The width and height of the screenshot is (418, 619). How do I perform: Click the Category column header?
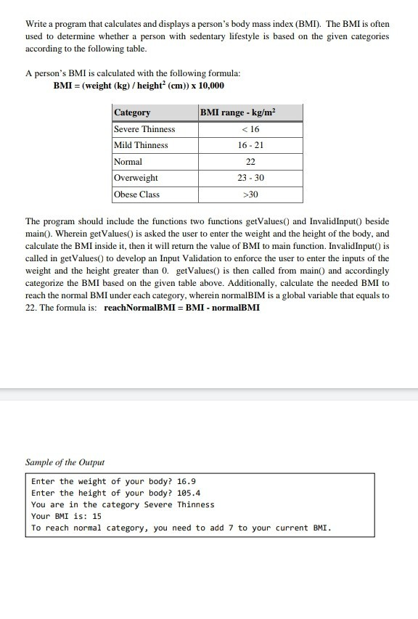(x=132, y=112)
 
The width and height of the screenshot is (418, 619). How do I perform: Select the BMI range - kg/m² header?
(x=239, y=112)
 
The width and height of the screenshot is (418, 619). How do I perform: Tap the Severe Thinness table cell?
(x=144, y=129)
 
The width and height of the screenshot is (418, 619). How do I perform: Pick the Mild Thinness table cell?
(x=141, y=145)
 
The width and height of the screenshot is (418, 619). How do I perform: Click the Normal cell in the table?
(x=128, y=162)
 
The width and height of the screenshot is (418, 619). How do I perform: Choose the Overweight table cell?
(x=136, y=178)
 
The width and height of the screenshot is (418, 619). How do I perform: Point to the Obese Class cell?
(x=136, y=194)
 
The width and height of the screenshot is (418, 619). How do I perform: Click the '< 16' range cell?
(x=250, y=129)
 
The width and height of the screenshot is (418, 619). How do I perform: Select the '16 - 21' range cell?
(x=250, y=145)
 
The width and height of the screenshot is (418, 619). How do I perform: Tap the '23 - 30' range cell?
(x=250, y=178)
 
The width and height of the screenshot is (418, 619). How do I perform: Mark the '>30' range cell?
(x=250, y=194)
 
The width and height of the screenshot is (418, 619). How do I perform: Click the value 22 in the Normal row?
(x=250, y=162)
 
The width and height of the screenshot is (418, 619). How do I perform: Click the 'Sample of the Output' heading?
(x=65, y=462)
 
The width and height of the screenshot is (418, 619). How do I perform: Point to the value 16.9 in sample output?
(x=187, y=481)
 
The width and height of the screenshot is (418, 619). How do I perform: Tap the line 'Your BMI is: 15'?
(x=66, y=516)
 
